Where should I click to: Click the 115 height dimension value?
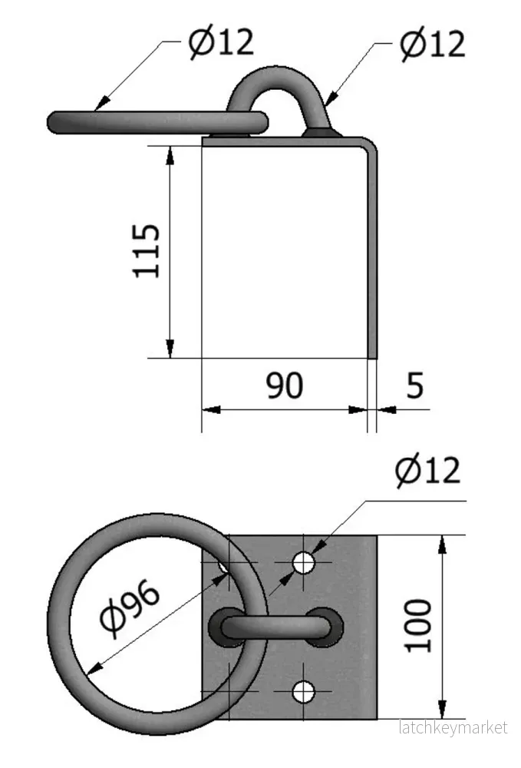coord(147,251)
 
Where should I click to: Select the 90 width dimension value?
coord(285,386)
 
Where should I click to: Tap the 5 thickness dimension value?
coord(415,386)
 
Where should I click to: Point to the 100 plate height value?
coord(418,625)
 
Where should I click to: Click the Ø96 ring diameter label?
coord(130,608)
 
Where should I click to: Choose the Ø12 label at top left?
coord(222,41)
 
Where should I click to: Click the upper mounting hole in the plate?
coord(303,563)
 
